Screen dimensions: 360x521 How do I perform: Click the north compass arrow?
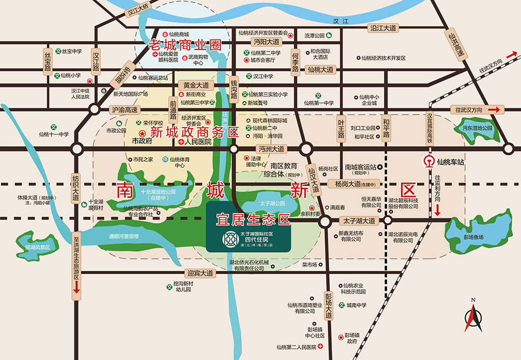(x=474, y=316)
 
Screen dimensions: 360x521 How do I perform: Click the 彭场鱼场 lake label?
(x=474, y=237)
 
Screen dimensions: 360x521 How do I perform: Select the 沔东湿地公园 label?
(x=476, y=128)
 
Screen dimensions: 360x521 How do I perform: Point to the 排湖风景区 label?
(x=36, y=248)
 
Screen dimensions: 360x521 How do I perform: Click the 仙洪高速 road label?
(x=457, y=46)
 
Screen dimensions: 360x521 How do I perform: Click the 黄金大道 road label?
(x=196, y=84)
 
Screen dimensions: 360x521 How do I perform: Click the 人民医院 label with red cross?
(x=195, y=142)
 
